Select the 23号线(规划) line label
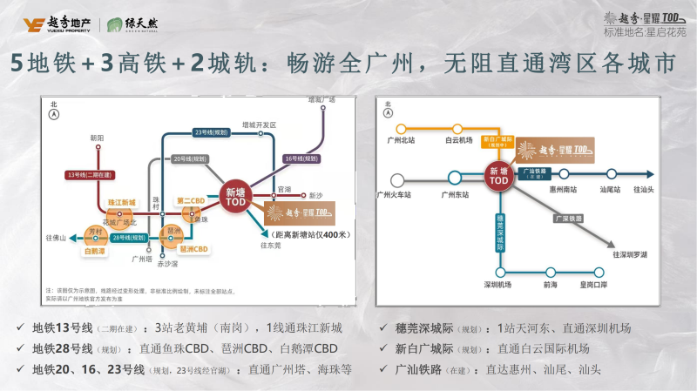click(x=209, y=132)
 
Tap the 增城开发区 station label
click(x=259, y=125)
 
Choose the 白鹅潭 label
click(x=94, y=251)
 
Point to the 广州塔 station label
click(x=140, y=259)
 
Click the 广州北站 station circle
click(x=401, y=129)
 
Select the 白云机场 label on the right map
click(x=458, y=139)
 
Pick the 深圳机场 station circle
click(x=500, y=272)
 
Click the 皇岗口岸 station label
click(x=599, y=285)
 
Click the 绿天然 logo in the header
click(x=137, y=24)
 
